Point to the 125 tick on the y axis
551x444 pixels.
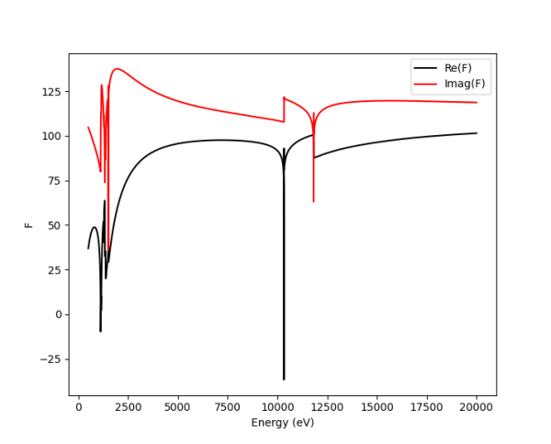(x=51, y=92)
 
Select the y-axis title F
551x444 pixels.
(x=28, y=224)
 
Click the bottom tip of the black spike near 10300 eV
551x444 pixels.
(x=284, y=379)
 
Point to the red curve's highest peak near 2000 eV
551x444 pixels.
(x=117, y=69)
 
